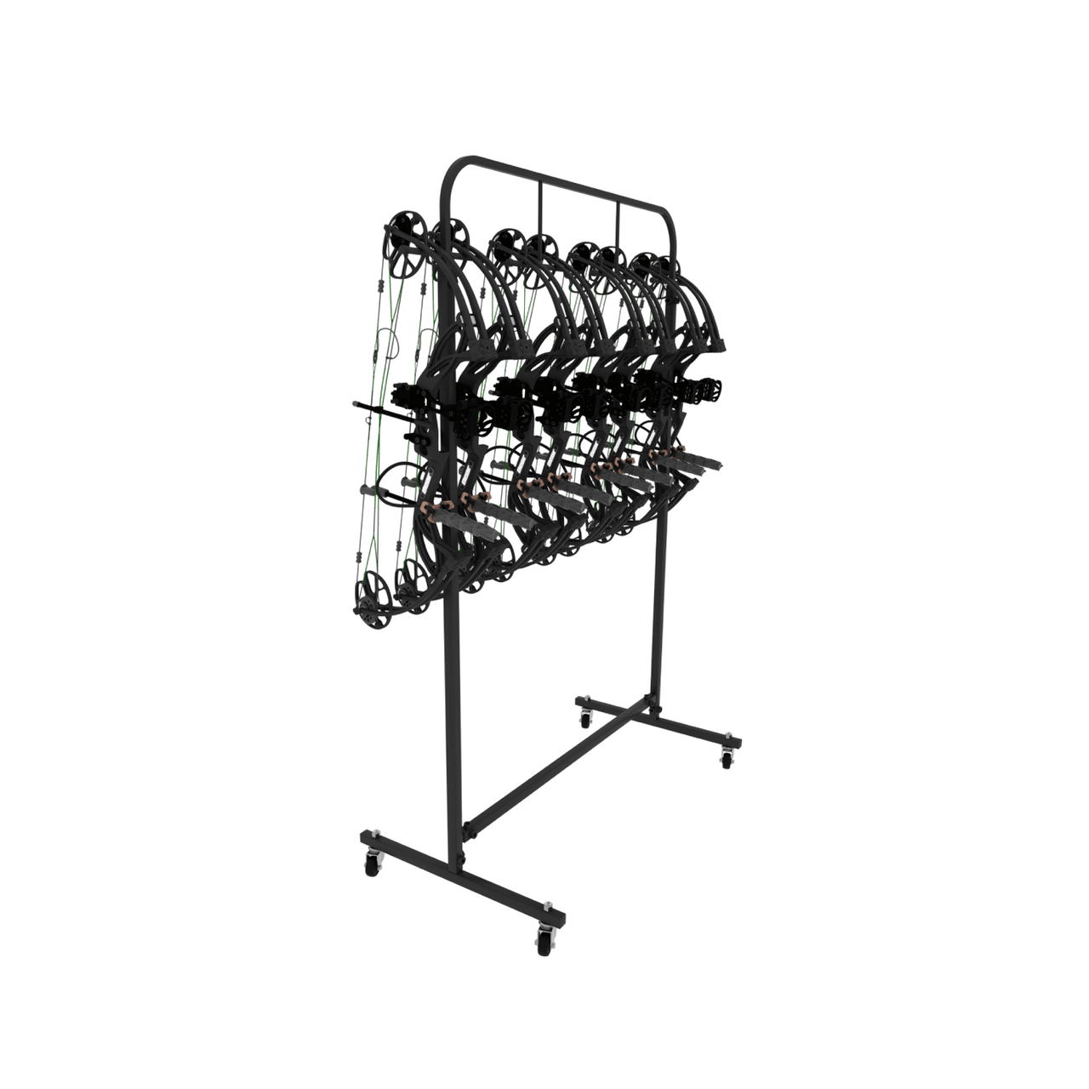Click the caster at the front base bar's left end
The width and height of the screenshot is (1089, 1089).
pos(373,864)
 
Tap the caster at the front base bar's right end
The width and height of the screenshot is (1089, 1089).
pos(542,938)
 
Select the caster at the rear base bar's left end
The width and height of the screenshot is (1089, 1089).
pos(584,717)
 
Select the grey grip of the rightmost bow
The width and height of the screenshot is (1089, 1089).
pos(698,465)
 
